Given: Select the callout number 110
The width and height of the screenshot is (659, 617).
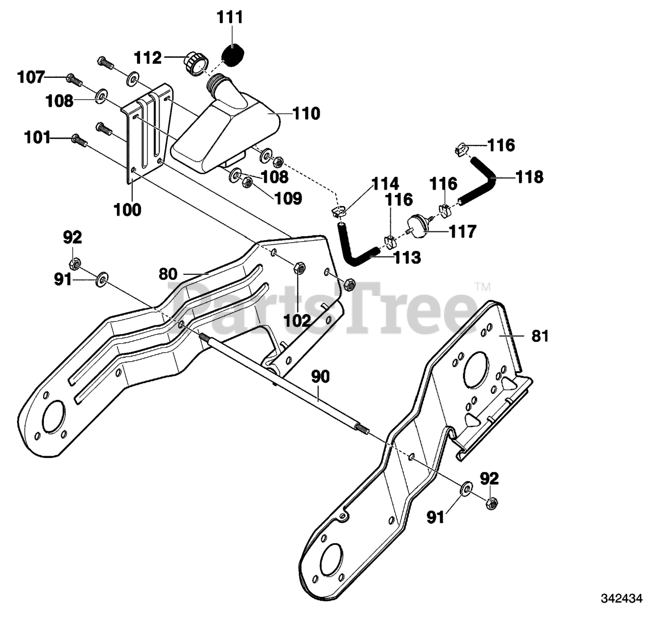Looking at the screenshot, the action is pyautogui.click(x=306, y=113).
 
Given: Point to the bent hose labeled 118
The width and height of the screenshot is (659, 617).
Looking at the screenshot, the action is pyautogui.click(x=483, y=180).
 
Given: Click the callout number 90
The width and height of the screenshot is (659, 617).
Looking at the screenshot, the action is pyautogui.click(x=321, y=377).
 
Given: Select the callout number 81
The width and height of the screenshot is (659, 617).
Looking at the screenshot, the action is pyautogui.click(x=540, y=336).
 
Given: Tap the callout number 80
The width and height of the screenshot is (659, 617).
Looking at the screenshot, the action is pyautogui.click(x=168, y=274).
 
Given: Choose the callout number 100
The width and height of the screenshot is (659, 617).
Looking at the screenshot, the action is pyautogui.click(x=127, y=210).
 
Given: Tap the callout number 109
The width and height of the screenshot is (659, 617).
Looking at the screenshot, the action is pyautogui.click(x=288, y=199).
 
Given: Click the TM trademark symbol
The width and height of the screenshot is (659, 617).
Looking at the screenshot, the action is pyautogui.click(x=483, y=287).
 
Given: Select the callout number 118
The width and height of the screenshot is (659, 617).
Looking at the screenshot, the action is pyautogui.click(x=530, y=177).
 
